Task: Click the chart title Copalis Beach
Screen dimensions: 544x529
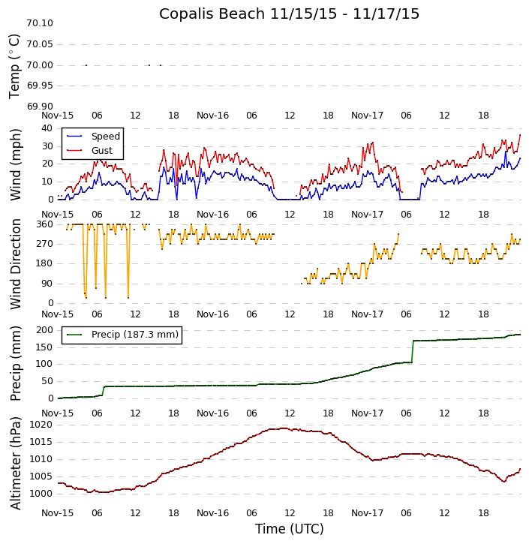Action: coord(289,14)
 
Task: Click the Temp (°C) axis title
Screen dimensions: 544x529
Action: coord(15,65)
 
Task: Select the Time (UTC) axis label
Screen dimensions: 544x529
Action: coord(289,529)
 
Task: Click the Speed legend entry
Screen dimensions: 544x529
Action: coord(105,137)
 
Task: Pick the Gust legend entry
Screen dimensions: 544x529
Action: coord(101,151)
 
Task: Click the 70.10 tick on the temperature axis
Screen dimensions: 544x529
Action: coord(39,23)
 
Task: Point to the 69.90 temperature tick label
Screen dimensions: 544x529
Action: coord(39,107)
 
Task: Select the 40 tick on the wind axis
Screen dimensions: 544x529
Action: coord(47,128)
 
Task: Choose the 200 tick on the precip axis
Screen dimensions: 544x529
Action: coord(44,329)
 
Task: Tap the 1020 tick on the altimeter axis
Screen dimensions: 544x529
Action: coord(41,425)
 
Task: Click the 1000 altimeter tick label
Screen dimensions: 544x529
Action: coord(41,494)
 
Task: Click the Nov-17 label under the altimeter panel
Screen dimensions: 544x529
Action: coord(367,512)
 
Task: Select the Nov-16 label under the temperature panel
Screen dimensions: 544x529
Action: coord(212,116)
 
